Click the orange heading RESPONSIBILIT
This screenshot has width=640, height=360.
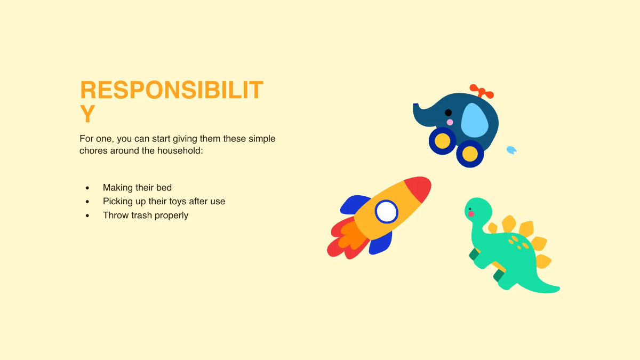point(171,90)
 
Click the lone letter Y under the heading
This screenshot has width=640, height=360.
point(88,114)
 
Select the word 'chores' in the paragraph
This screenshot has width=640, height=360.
point(93,150)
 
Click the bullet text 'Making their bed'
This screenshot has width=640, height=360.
point(137,188)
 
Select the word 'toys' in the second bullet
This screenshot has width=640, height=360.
point(177,202)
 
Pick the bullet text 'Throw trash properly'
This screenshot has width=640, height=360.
point(146,215)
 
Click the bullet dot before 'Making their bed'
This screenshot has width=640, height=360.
point(87,188)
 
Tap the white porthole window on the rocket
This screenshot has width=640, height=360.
point(386,212)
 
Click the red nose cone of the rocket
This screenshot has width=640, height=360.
point(419,188)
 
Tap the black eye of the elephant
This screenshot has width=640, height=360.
point(448,113)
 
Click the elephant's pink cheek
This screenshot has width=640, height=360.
point(450,122)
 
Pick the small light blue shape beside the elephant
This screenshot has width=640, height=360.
point(511,150)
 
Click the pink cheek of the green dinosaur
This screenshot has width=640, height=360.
point(471,214)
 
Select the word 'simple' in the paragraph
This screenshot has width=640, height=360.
point(261,139)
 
